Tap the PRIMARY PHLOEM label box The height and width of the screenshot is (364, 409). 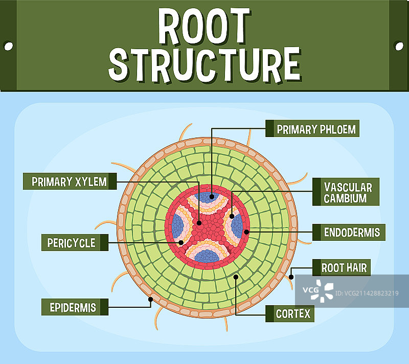coord(312,129)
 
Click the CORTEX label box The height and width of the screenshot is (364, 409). coord(290,313)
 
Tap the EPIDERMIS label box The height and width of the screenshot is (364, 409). coord(74,307)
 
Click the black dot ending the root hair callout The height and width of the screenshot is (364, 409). coord(291,277)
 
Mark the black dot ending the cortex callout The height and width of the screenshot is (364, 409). coord(236,277)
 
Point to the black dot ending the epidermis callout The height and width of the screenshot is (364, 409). coord(150,299)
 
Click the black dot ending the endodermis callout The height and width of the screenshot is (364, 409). coord(246,232)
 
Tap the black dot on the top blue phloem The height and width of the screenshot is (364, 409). coord(211,196)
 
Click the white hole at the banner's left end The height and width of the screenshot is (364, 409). coord(8,46)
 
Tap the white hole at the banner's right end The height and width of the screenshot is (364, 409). coord(399,46)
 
